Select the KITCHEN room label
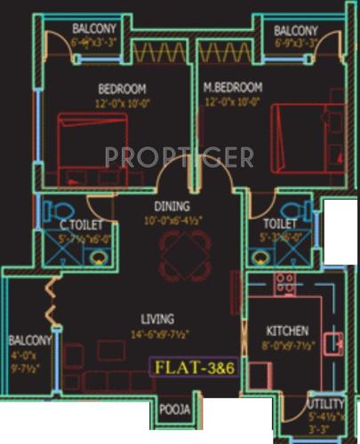click(287, 329)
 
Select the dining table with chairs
click(185, 249)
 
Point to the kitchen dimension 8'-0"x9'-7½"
click(288, 345)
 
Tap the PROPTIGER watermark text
click(179, 157)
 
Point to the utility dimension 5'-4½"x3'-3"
click(325, 419)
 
